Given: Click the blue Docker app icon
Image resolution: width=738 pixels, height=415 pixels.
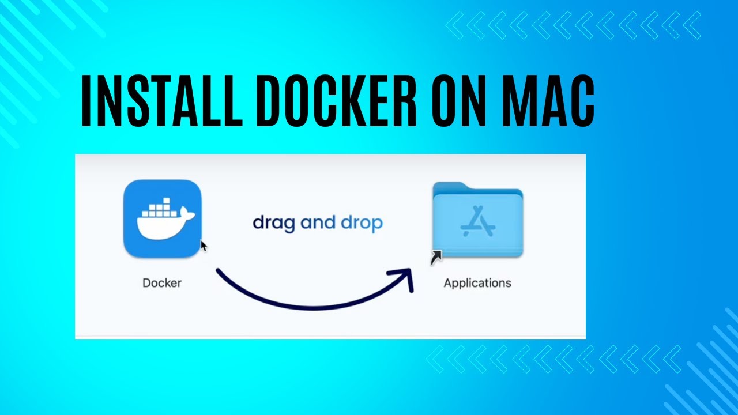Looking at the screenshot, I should (162, 218).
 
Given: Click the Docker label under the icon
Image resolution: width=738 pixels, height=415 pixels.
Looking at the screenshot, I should (162, 283).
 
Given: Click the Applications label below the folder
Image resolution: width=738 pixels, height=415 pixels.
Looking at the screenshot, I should (477, 283).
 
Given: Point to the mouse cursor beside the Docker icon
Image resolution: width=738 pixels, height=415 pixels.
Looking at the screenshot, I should (204, 246).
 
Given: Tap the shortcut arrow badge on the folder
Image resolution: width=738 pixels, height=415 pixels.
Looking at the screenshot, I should (436, 257).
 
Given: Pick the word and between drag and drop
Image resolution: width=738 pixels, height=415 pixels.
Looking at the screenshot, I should (318, 222).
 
